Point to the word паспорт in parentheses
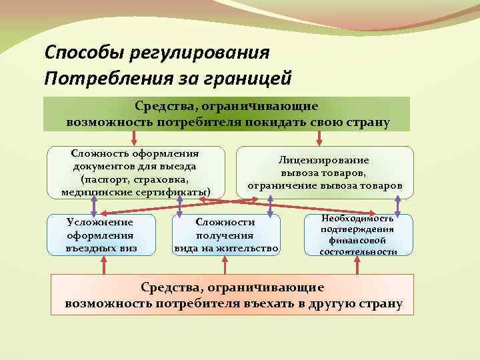105,180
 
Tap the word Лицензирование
325,160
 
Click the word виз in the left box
129,248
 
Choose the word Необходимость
358,219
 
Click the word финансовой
358,241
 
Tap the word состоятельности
358,252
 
